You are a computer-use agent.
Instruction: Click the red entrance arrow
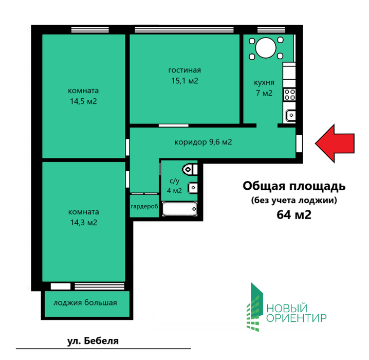(335, 143)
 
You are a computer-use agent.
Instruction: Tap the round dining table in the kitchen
(266, 48)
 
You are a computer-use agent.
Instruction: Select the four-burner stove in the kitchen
(290, 95)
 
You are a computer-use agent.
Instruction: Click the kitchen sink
(291, 115)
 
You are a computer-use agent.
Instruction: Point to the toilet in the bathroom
(190, 169)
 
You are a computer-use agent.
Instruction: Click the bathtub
(179, 209)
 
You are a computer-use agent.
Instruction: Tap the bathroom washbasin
(193, 188)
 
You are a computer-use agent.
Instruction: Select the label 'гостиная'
(184, 70)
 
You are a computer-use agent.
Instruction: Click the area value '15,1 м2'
(184, 81)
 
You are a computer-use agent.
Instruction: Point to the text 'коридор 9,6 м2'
(204, 142)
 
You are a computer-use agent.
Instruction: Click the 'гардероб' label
(144, 207)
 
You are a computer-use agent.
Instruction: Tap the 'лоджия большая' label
(85, 302)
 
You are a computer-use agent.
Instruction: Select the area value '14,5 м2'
(83, 101)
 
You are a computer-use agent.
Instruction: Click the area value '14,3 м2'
(84, 223)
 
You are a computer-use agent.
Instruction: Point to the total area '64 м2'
(294, 215)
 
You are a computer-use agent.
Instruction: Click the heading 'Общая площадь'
(294, 186)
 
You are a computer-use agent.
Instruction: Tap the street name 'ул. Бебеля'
(93, 340)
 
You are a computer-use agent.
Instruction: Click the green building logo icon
(255, 307)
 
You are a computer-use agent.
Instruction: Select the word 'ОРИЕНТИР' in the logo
(297, 318)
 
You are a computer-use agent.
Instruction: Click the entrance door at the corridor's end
(299, 143)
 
